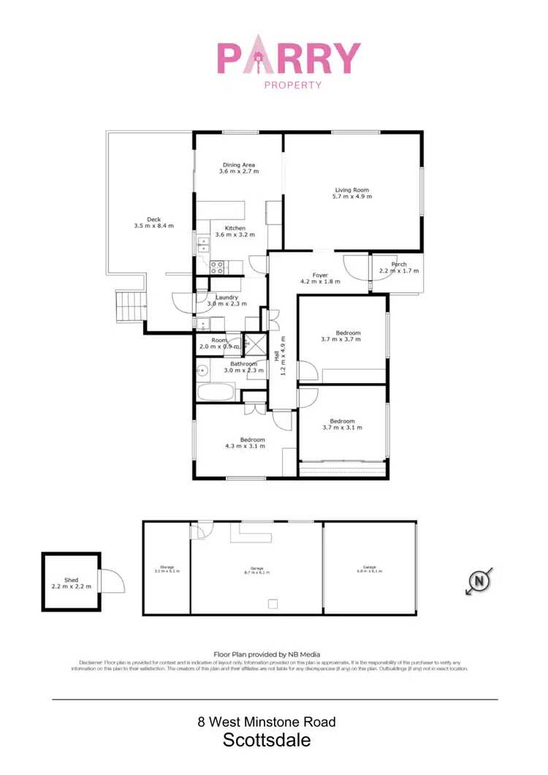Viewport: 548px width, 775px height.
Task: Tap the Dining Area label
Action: pos(238,165)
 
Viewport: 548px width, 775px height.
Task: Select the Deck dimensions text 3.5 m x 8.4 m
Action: pos(153,226)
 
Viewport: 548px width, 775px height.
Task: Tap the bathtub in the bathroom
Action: pos(215,393)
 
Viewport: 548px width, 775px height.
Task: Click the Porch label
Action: pos(399,265)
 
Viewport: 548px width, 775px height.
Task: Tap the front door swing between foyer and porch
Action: pos(357,266)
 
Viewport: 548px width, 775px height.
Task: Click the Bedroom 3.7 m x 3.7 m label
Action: pos(340,333)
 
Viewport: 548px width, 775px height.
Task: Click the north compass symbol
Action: pos(479,582)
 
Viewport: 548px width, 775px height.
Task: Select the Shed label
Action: pos(71,580)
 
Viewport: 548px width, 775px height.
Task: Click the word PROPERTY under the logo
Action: pos(292,85)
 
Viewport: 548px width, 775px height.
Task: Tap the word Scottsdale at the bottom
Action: pos(267,740)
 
